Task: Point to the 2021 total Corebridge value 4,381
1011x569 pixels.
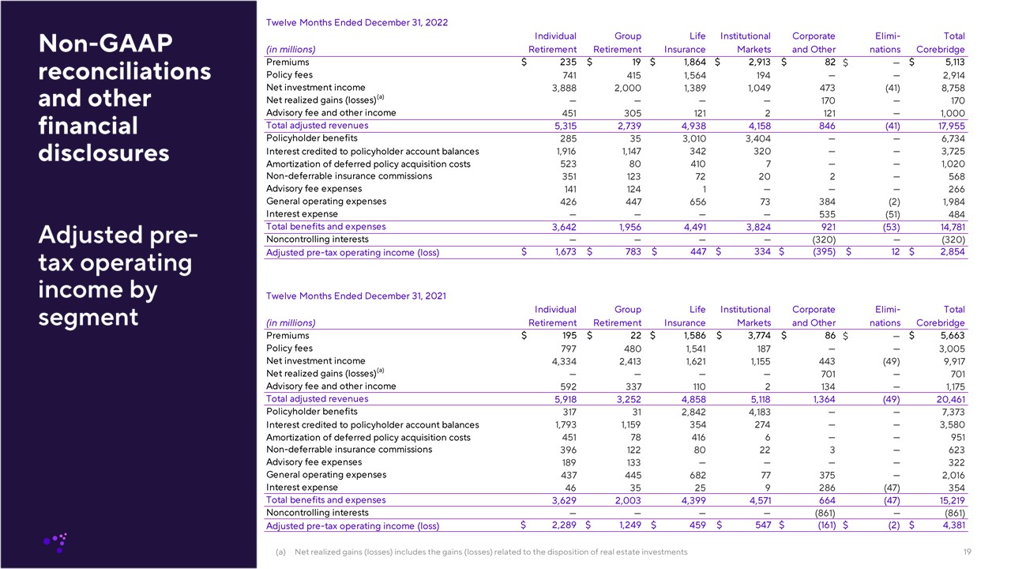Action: tap(949, 526)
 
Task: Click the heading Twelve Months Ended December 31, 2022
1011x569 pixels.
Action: tap(357, 23)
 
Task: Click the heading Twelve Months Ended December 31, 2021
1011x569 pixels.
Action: tap(356, 296)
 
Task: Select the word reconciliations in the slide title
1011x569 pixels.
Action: tap(124, 72)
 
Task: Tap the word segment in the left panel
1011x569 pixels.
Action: tap(88, 317)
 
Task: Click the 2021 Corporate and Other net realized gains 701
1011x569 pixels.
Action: tap(825, 374)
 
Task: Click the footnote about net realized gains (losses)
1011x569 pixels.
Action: tap(490, 552)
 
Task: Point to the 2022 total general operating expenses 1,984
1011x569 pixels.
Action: tap(951, 202)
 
